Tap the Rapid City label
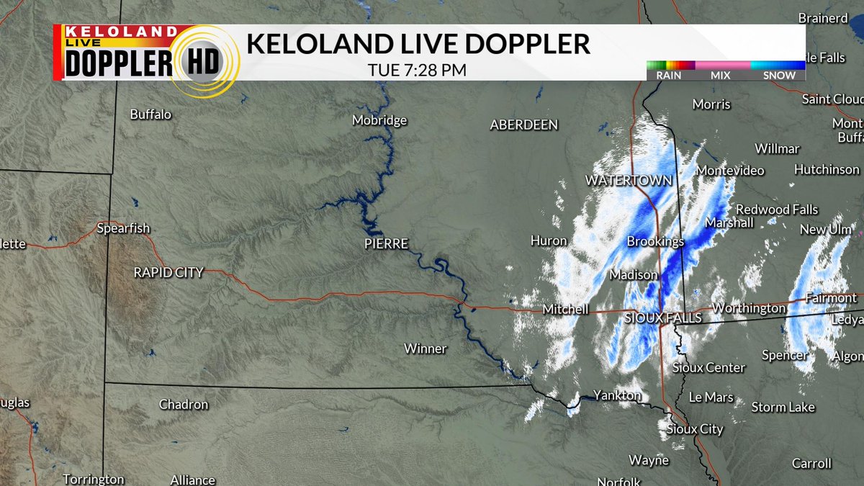[x=168, y=272]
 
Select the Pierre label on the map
[x=386, y=244]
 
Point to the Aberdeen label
[x=523, y=125]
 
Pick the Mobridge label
[x=379, y=120]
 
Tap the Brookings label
[x=655, y=241]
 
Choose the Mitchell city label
[x=565, y=310]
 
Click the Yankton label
[x=617, y=395]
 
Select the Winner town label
[x=425, y=348]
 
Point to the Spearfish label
[x=123, y=228]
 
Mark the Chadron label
[x=184, y=405]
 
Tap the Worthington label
[x=749, y=308]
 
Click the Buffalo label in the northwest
[x=150, y=114]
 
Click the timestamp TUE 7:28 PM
[x=417, y=71]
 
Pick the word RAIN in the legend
[x=669, y=75]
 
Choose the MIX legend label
[x=721, y=75]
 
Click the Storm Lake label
[x=783, y=407]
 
